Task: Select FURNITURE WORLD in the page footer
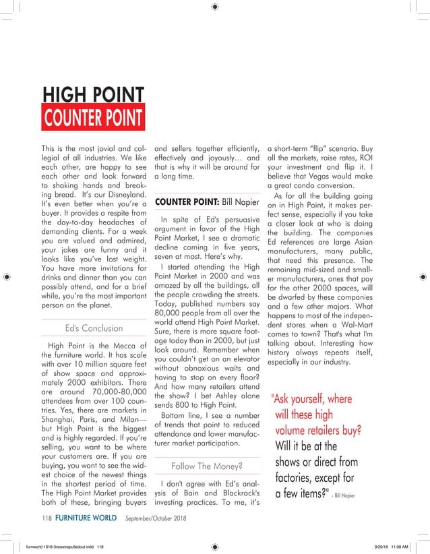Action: coord(84,518)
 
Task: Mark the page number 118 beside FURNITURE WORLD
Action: coord(47,518)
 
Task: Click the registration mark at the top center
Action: coord(215,7)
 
